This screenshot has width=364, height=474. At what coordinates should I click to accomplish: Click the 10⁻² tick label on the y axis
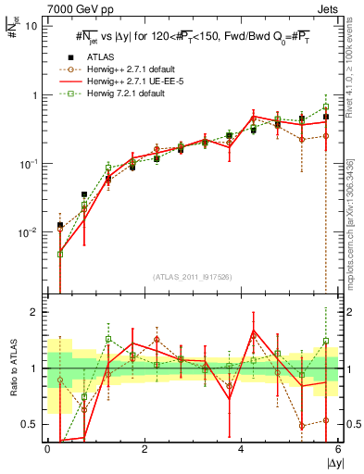coord(31,232)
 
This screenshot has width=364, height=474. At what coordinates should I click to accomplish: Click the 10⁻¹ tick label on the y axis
coord(31,164)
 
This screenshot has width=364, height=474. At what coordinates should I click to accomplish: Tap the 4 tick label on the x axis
coord(241,449)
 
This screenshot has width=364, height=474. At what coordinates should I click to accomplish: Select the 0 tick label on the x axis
coord(47,449)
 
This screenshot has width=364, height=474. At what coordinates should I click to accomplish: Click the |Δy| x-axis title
coord(332,461)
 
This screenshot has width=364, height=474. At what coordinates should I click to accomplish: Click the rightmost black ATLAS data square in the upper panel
coord(326,118)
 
